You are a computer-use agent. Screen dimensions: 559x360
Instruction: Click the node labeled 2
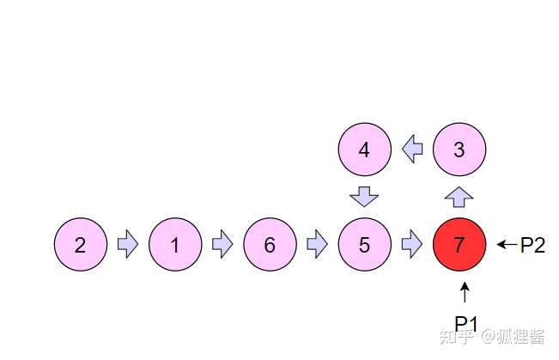80,245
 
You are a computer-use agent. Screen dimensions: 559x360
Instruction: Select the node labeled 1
175,245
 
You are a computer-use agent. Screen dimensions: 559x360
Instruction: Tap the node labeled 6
270,245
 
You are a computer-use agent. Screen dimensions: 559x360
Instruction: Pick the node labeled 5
364,245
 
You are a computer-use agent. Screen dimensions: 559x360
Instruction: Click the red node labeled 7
459,245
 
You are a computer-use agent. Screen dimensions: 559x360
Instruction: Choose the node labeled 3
459,149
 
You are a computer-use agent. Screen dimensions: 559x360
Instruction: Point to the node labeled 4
364,149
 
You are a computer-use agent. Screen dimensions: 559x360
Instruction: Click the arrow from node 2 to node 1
128,245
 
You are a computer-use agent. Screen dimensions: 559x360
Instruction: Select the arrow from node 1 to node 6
222,245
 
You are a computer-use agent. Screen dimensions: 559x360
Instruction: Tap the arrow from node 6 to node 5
317,245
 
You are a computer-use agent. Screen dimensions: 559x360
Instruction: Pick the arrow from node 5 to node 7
412,245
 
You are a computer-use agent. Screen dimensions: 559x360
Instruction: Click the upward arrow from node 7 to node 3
459,197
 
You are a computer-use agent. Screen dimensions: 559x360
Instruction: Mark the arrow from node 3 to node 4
412,149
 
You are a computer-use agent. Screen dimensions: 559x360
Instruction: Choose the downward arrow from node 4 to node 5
364,197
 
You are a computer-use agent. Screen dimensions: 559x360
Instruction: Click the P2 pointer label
532,245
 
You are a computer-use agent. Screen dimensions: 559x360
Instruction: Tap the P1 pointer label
465,323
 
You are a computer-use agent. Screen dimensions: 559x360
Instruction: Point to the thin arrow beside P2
507,245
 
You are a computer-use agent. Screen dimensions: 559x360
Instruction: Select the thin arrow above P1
465,293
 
